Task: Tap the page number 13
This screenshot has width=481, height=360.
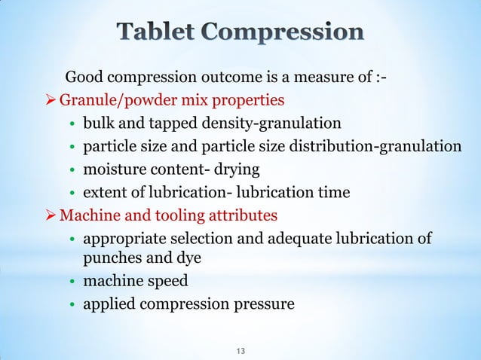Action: [241, 351]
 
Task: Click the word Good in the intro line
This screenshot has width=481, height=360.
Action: [84, 78]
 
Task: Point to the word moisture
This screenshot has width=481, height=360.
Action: [114, 169]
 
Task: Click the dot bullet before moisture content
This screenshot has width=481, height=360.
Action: [71, 170]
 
